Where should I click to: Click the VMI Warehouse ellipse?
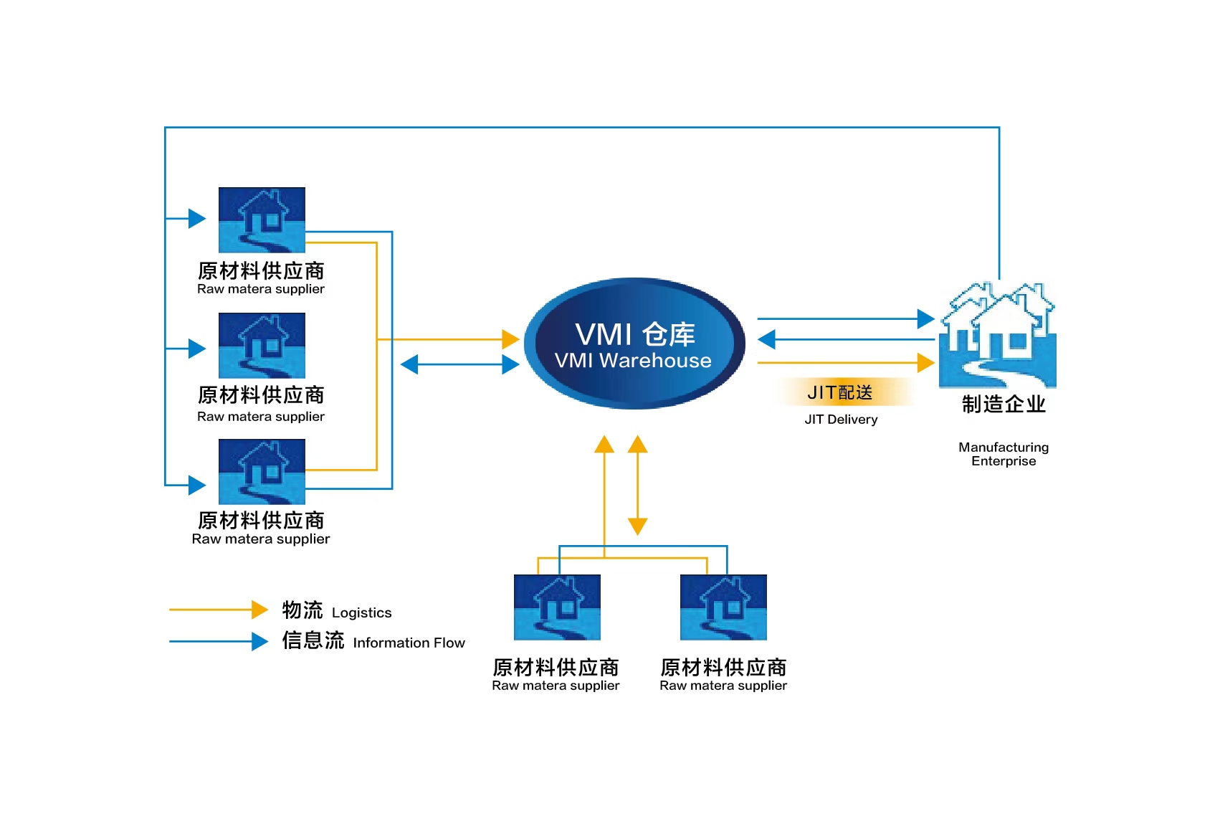click(634, 344)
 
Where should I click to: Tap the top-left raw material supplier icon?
click(262, 219)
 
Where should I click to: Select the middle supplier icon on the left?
click(262, 345)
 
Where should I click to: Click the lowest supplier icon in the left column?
click(262, 471)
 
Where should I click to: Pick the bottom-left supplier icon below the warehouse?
click(557, 607)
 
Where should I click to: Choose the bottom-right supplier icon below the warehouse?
click(723, 607)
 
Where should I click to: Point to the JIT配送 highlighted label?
click(840, 392)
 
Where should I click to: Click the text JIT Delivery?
click(841, 420)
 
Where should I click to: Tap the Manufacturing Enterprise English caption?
click(1004, 454)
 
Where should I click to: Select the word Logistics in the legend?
click(361, 612)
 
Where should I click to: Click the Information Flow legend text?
click(409, 643)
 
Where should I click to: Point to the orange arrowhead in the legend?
click(259, 610)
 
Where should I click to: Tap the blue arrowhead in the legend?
click(259, 641)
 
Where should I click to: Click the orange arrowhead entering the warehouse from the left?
click(510, 339)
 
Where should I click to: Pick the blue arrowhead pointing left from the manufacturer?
click(766, 339)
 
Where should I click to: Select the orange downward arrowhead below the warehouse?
click(637, 526)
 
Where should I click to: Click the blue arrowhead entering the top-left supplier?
click(197, 218)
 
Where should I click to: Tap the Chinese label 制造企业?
click(1004, 404)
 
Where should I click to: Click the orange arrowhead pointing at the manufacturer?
click(926, 363)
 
